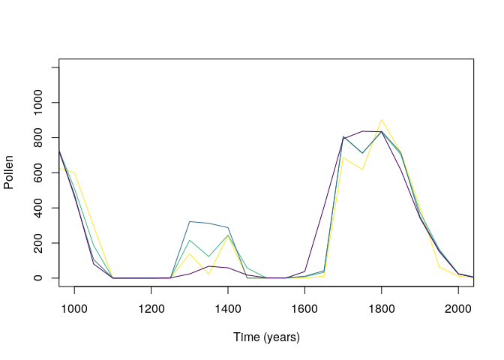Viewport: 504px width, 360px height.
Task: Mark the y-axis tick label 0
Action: pyautogui.click(x=43, y=278)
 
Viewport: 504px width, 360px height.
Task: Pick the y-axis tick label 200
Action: pyautogui.click(x=43, y=243)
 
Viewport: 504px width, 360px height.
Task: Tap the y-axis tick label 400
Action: pyautogui.click(x=43, y=208)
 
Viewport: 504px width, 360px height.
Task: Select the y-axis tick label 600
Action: pyautogui.click(x=43, y=172)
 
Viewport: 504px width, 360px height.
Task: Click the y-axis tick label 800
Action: pyautogui.click(x=43, y=137)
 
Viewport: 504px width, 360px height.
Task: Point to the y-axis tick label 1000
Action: pyautogui.click(x=43, y=102)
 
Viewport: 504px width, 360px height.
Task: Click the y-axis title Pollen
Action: pyautogui.click(x=9, y=172)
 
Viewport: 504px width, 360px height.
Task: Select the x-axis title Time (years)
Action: pyautogui.click(x=266, y=337)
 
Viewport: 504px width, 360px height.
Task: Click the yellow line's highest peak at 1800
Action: pyautogui.click(x=381, y=119)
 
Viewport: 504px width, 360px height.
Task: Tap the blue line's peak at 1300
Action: pyautogui.click(x=190, y=221)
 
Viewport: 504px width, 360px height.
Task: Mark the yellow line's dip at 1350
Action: pyautogui.click(x=208, y=274)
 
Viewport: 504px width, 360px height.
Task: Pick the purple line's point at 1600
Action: pyautogui.click(x=304, y=271)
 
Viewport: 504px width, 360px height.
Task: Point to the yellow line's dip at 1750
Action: pyautogui.click(x=362, y=169)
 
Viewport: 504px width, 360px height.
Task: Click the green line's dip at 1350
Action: pyautogui.click(x=208, y=257)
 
